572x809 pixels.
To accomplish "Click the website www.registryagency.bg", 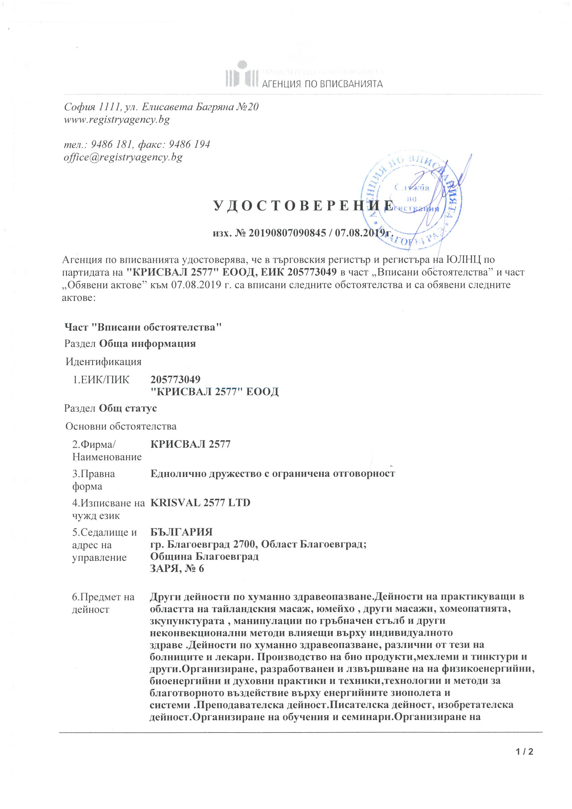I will point(117,120).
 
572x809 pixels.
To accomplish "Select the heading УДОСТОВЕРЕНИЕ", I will point(303,206).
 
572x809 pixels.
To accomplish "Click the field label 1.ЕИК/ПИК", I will point(101,380).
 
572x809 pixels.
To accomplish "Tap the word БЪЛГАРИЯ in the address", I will point(181,532).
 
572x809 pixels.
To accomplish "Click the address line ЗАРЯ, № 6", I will point(177,569).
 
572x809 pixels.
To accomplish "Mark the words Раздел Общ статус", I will point(111,408).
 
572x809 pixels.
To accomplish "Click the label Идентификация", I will point(104,362).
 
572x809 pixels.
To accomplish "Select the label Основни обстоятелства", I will point(121,426).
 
